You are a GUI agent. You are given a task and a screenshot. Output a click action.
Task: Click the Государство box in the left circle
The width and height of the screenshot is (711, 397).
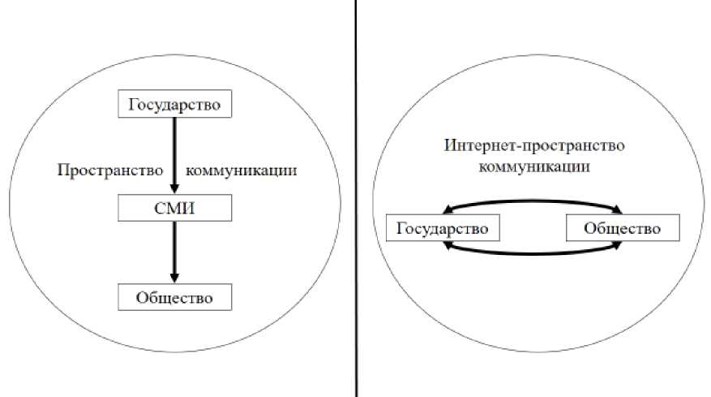pos(174,105)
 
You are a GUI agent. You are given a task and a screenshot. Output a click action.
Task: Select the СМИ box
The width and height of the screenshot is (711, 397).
pos(174,208)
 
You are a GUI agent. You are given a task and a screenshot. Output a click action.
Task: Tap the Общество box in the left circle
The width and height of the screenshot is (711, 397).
pos(174,297)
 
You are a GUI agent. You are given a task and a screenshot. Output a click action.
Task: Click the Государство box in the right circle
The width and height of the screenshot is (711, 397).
pos(443,228)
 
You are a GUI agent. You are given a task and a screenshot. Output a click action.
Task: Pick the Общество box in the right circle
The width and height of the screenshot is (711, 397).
pos(623,228)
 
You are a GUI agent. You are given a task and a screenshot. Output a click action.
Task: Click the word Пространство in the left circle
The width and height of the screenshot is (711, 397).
pos(110,171)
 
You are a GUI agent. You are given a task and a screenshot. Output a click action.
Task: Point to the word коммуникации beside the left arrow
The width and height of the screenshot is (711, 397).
pos(241,171)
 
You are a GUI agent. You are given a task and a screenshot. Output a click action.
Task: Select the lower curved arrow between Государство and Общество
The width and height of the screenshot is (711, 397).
pos(533,257)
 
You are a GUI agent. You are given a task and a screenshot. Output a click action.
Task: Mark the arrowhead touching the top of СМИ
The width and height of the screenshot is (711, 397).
pos(174,189)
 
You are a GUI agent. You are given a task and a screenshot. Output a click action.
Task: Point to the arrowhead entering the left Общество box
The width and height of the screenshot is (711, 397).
pos(174,278)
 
